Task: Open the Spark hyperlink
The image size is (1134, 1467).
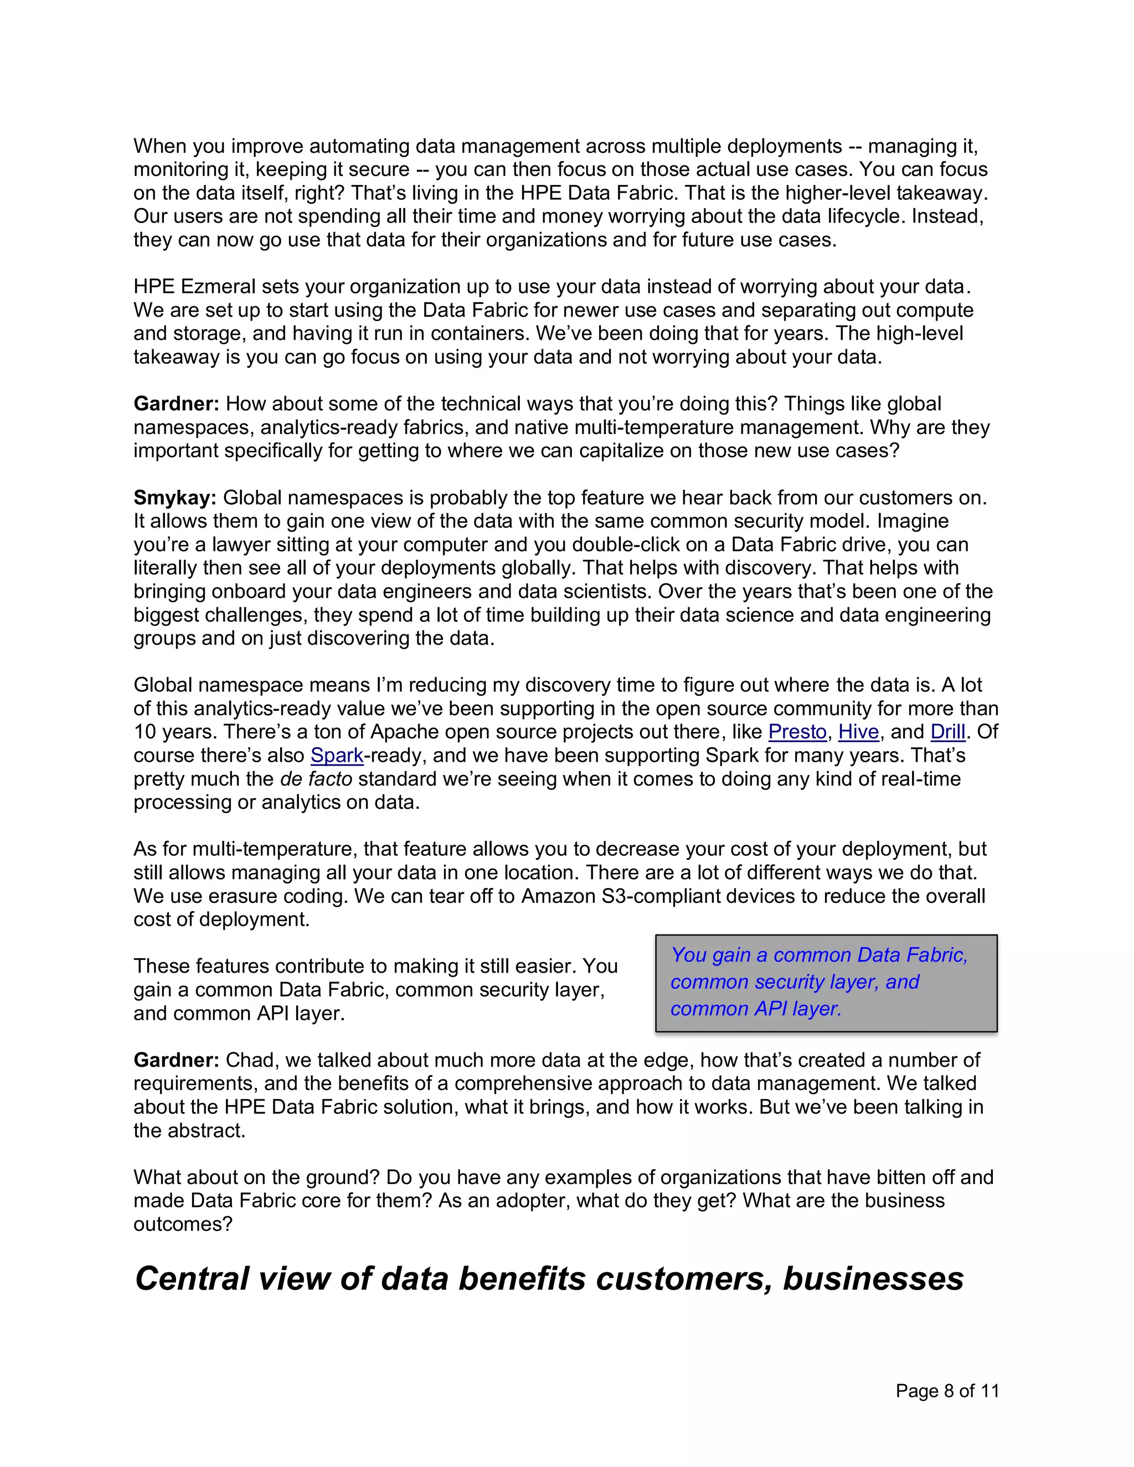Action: pyautogui.click(x=337, y=755)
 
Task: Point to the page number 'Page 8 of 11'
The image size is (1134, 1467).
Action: pyautogui.click(x=947, y=1391)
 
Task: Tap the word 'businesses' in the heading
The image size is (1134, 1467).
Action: pyautogui.click(x=873, y=1278)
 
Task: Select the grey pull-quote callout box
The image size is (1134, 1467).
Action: pyautogui.click(x=826, y=982)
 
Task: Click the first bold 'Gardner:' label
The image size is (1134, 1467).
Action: pyautogui.click(x=176, y=404)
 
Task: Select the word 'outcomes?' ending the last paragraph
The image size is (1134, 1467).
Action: pyautogui.click(x=182, y=1224)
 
